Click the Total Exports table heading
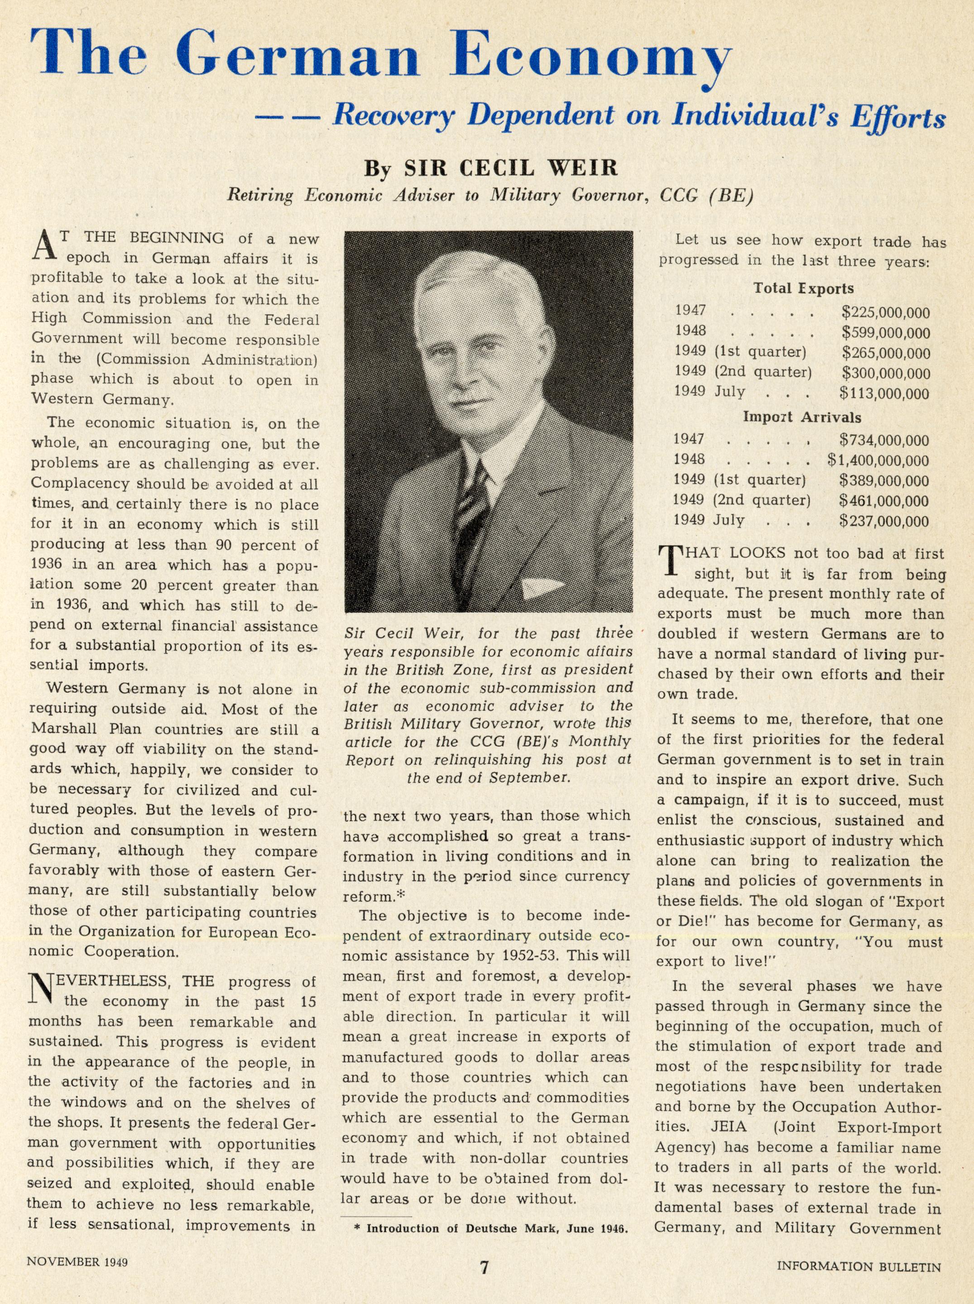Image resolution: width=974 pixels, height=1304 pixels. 803,288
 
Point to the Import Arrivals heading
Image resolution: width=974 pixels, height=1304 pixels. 802,417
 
